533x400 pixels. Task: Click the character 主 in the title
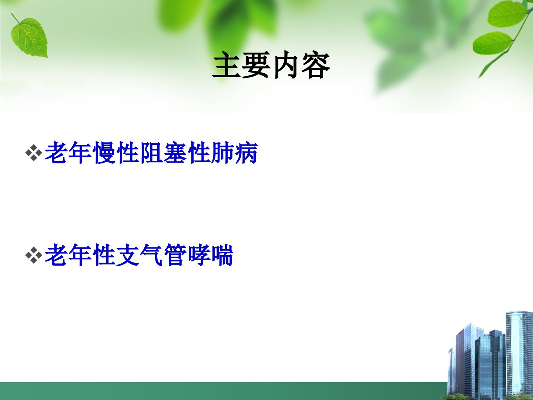pos(227,65)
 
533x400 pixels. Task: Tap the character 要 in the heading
pos(257,65)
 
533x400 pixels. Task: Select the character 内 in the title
pos(286,65)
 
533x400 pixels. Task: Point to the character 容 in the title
pos(316,65)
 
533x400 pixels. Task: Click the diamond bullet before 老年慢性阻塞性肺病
pos(34,153)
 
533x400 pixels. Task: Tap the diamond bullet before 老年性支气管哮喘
pos(34,255)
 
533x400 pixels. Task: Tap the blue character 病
pos(246,153)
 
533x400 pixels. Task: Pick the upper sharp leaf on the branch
pos(507,14)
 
